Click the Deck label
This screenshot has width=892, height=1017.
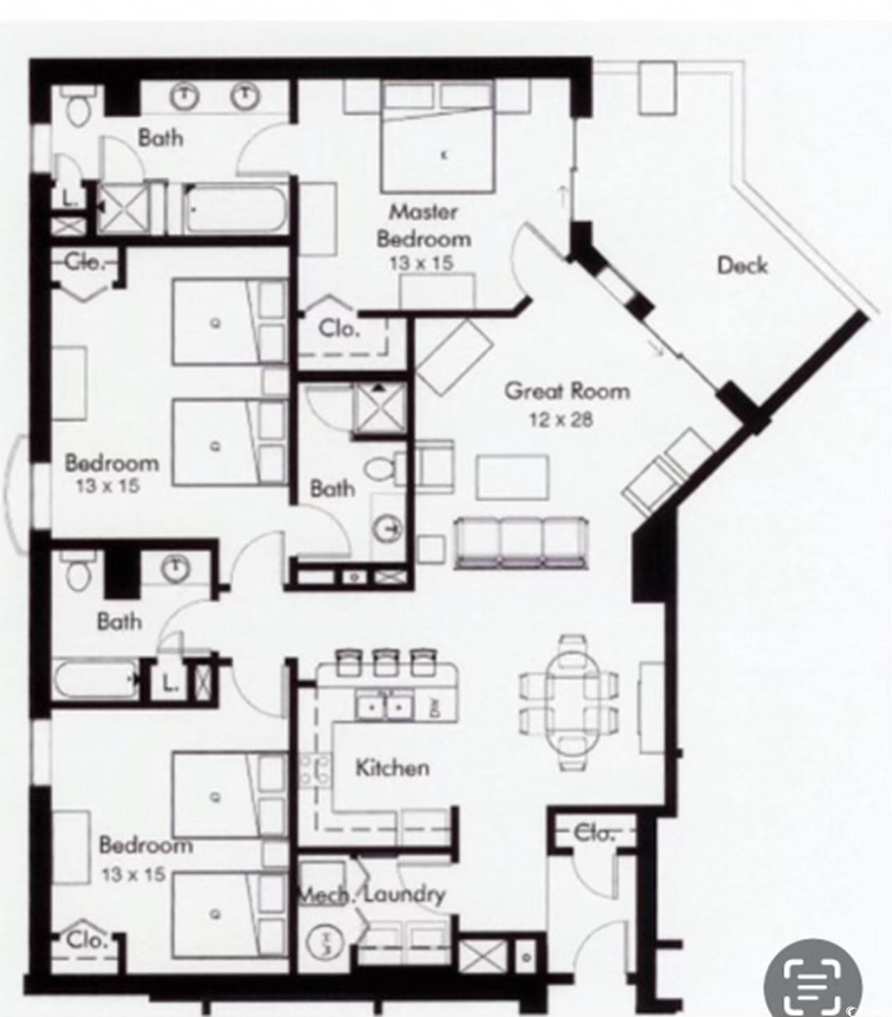[x=742, y=266]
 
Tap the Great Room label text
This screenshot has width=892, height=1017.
[x=567, y=390]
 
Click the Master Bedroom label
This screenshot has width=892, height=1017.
[x=423, y=225]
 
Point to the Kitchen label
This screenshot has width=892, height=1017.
[x=392, y=768]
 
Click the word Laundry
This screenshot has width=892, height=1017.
[x=403, y=894]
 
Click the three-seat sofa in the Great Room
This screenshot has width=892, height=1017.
[x=521, y=542]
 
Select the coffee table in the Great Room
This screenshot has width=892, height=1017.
[x=512, y=477]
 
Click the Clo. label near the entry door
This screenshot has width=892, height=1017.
[x=593, y=832]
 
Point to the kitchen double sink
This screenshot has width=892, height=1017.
[x=384, y=708]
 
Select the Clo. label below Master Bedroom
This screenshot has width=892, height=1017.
[x=339, y=328]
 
